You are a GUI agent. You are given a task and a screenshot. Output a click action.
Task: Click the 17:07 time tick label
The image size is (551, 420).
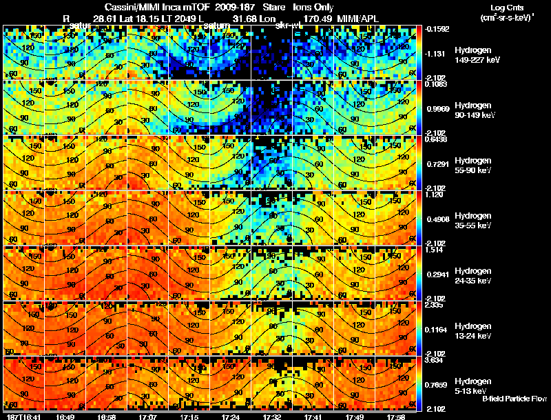tap(147, 417)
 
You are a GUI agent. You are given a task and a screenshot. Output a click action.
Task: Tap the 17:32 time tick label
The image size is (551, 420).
tap(271, 417)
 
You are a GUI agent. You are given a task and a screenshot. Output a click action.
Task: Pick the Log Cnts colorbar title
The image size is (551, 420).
tap(503, 7)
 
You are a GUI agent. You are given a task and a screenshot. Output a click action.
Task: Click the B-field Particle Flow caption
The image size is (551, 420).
tap(514, 399)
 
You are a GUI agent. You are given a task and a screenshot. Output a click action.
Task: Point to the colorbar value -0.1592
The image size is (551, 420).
tap(435, 29)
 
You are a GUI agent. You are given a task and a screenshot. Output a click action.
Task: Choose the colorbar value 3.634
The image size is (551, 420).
tap(433, 360)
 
